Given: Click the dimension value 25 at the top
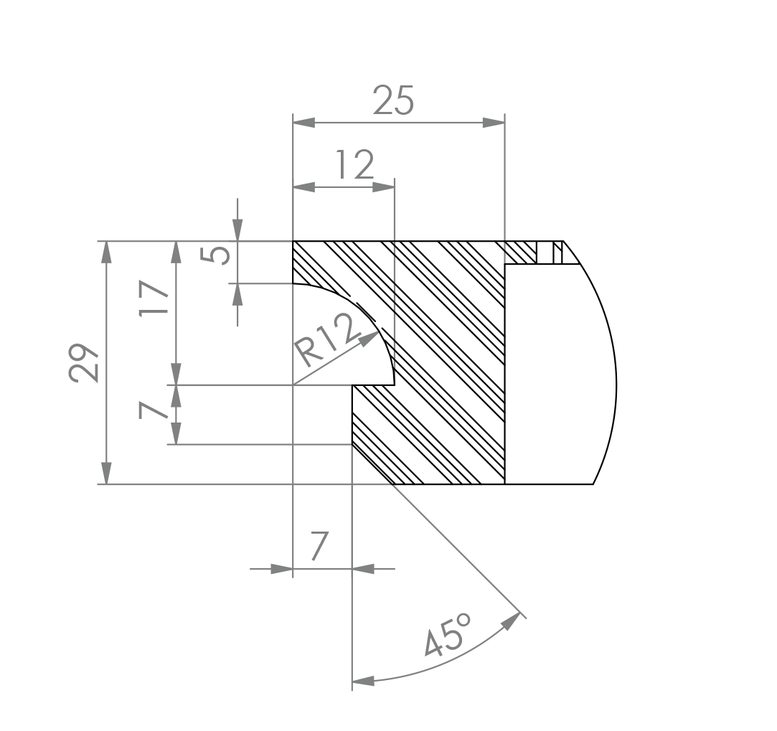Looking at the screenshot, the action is click(x=393, y=100).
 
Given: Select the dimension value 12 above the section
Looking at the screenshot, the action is click(x=355, y=164).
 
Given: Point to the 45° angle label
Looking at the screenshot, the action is click(x=448, y=635).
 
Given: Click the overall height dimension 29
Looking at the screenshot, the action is click(x=83, y=363).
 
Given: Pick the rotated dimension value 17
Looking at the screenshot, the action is click(x=154, y=298).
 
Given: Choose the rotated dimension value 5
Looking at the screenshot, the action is click(x=215, y=255).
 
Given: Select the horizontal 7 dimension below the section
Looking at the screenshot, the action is click(x=319, y=546).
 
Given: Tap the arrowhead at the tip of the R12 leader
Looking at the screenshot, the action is click(x=369, y=339).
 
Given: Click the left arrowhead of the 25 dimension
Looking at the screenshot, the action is click(x=303, y=123).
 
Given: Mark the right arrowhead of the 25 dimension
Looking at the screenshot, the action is click(x=494, y=123).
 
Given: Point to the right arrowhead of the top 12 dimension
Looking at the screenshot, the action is click(x=383, y=187).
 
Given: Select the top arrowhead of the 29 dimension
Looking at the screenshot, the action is click(x=106, y=253).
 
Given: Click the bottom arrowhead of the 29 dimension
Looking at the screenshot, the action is click(x=106, y=473).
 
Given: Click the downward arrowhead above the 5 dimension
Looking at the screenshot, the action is click(x=237, y=230).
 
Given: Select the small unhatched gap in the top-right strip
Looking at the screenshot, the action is click(x=545, y=253).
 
